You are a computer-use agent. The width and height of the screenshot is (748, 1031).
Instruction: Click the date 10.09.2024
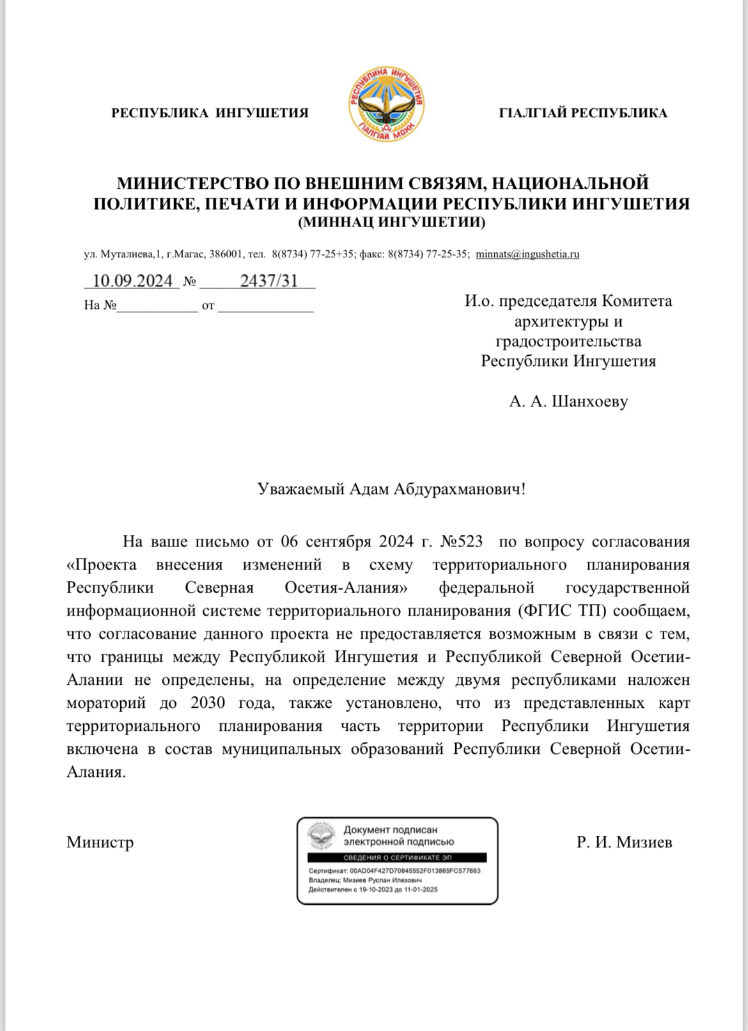132,281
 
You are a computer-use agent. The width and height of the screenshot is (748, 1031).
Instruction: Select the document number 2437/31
269,281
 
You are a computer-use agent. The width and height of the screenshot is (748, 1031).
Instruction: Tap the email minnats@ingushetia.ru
527,254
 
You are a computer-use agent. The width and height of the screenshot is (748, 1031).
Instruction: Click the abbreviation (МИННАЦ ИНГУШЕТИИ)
392,223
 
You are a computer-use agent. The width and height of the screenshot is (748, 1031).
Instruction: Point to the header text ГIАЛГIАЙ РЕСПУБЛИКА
582,113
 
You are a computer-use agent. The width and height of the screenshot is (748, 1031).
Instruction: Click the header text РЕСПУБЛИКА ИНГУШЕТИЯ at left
210,113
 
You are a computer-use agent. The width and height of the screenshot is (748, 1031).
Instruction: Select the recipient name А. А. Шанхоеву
568,401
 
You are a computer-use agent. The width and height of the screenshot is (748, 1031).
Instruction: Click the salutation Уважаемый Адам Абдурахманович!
391,490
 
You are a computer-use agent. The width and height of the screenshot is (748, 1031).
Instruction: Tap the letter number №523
462,541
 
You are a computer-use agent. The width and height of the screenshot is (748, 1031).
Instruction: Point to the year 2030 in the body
208,703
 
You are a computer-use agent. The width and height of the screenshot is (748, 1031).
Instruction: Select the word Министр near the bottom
100,842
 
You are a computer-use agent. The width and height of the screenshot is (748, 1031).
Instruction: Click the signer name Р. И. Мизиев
624,842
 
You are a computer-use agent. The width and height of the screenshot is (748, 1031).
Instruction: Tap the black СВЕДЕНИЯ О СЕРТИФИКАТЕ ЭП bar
397,858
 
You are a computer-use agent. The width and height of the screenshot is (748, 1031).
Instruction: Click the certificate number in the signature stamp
415,871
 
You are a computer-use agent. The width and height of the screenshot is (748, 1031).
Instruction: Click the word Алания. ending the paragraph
96,772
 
